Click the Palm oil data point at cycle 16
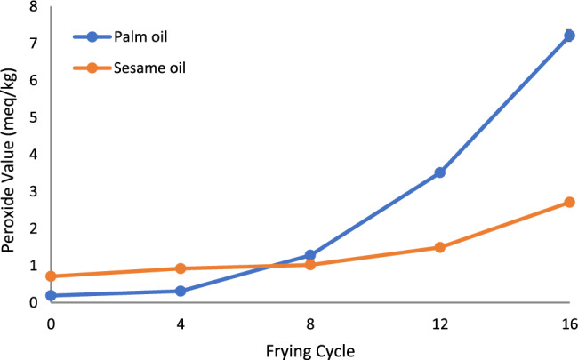pos(569,36)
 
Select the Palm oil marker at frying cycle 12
pos(439,172)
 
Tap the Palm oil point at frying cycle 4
pos(181,291)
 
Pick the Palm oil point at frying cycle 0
pos(51,295)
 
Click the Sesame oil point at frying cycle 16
pos(569,203)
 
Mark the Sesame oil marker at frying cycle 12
pos(439,247)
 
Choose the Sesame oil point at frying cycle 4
pos(181,268)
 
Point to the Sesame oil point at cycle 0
pos(51,276)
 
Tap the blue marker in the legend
pos(91,37)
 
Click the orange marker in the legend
pos(91,68)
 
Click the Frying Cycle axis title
pos(309,348)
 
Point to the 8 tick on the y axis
pos(34,6)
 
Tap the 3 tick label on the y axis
pos(34,191)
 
